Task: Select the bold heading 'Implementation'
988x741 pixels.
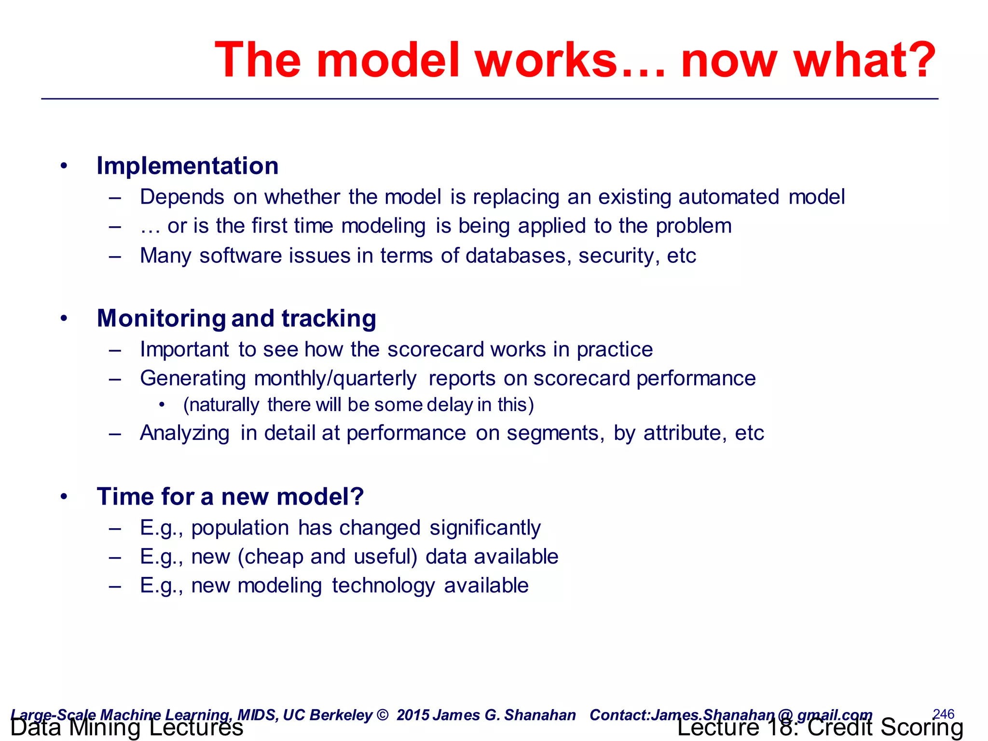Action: click(x=188, y=166)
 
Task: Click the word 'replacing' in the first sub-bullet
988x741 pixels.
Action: click(x=516, y=197)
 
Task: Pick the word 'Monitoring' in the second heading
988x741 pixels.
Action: click(x=161, y=319)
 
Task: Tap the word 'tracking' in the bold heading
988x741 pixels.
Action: click(x=329, y=319)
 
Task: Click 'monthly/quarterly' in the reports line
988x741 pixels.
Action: click(x=335, y=379)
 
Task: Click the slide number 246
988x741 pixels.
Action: click(x=943, y=714)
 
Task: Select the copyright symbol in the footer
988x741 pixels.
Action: click(x=382, y=715)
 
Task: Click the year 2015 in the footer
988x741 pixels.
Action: click(x=413, y=715)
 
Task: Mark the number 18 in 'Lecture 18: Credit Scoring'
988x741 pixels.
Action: click(x=779, y=727)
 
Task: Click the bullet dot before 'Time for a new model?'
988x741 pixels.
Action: click(x=64, y=497)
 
